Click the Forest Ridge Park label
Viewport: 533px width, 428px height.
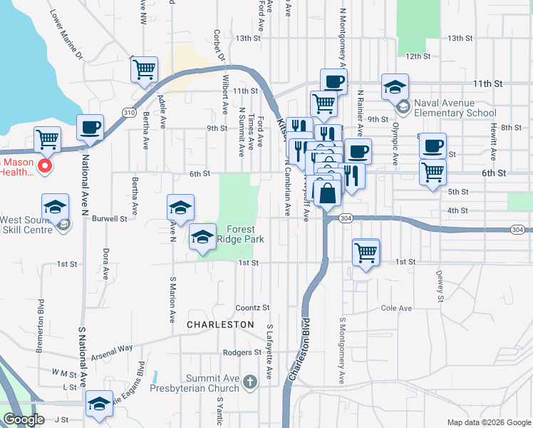click(x=245, y=234)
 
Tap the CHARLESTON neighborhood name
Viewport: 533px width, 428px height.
click(x=220, y=325)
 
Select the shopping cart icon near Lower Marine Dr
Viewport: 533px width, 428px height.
click(x=144, y=70)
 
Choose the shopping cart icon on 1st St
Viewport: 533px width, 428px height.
click(x=366, y=252)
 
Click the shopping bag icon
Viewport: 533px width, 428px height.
click(x=327, y=193)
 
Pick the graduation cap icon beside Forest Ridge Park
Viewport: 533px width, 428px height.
click(x=202, y=237)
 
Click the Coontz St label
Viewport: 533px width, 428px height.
click(x=253, y=307)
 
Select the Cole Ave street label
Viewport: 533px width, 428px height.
click(x=397, y=308)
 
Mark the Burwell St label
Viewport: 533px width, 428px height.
click(x=112, y=219)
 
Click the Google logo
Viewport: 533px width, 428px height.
click(x=24, y=419)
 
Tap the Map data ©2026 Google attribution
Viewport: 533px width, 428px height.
click(x=488, y=422)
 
